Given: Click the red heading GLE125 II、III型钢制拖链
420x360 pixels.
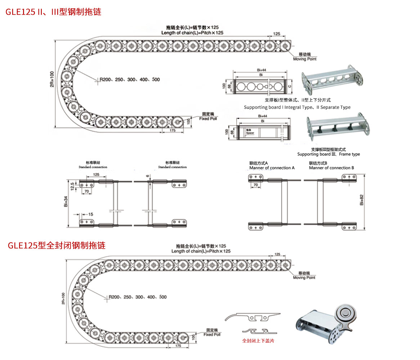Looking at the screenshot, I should (x=53, y=12).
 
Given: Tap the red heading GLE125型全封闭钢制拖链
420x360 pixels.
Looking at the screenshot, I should (x=57, y=246).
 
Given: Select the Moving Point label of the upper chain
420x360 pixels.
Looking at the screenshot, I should (x=304, y=59).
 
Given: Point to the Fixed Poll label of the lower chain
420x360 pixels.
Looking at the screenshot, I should (x=211, y=334).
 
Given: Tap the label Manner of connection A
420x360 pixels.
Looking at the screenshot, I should (x=272, y=168).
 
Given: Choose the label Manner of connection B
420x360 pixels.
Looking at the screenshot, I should (x=331, y=168).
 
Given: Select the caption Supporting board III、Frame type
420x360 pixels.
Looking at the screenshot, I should (x=329, y=154).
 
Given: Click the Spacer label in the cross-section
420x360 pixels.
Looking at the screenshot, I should (x=250, y=133).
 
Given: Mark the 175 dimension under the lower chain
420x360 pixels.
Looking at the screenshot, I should (x=178, y=345).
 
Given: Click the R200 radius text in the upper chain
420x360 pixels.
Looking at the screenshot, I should (x=106, y=79).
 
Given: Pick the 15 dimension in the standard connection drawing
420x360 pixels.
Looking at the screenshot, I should (x=90, y=214).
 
